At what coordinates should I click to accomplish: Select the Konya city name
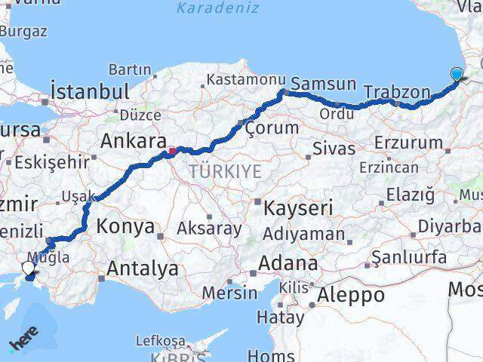point(126,226)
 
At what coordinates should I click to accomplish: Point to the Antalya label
point(143,268)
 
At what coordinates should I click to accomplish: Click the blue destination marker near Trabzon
point(457,74)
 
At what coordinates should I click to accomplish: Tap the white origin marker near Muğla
point(28,267)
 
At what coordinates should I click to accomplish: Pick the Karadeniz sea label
point(217,8)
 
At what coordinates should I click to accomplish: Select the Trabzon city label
point(396,92)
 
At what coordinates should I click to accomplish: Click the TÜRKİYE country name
point(225,172)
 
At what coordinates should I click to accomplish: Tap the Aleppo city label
point(352,294)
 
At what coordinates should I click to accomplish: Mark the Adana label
point(288,264)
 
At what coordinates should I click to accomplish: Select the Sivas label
point(333,147)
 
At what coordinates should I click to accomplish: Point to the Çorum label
point(272,128)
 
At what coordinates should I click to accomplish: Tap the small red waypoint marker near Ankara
point(172,150)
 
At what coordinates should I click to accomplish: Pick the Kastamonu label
point(246,78)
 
